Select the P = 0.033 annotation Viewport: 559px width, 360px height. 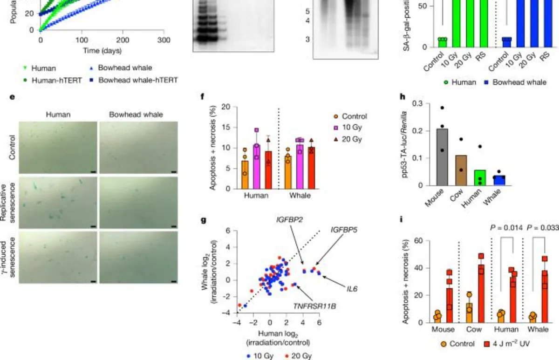pos(543,228)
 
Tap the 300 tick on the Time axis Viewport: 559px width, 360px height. pos(164,40)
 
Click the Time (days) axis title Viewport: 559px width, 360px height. pos(102,50)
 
